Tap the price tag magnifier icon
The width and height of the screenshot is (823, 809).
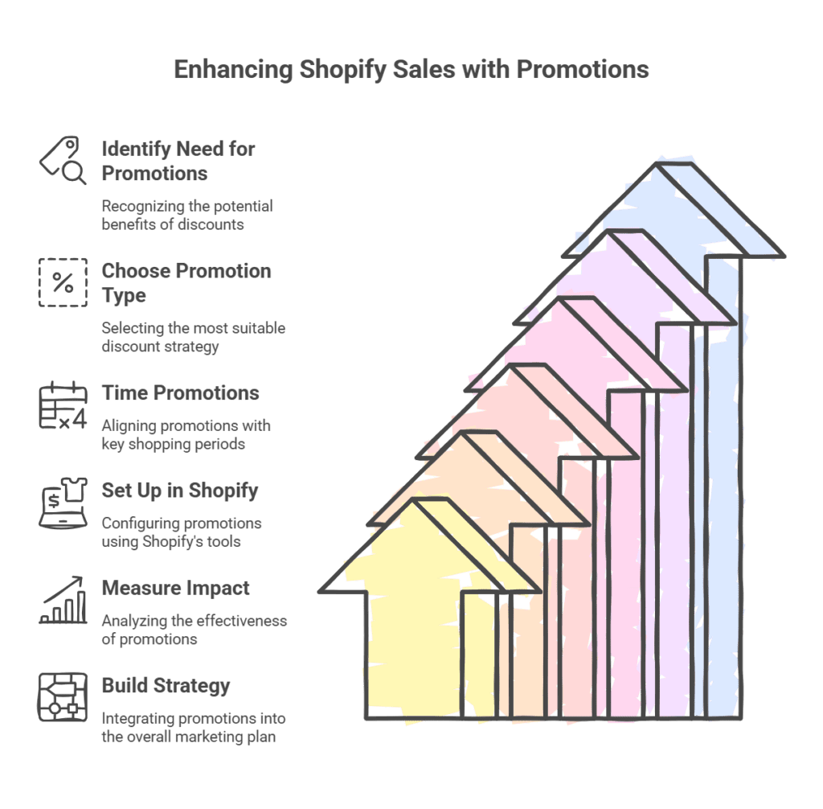coord(63,160)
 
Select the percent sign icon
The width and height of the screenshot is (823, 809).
coord(63,282)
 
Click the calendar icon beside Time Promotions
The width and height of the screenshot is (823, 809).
coord(63,404)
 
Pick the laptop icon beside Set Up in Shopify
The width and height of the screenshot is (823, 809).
coord(63,502)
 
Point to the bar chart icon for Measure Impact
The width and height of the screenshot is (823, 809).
coord(63,600)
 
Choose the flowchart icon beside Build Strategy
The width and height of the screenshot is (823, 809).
coord(63,697)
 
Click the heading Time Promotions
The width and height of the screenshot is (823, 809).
coord(180,393)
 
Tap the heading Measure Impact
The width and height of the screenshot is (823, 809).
coord(175,588)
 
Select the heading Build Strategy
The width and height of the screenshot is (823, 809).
coord(166,686)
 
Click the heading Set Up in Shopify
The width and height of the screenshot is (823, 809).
coord(179,491)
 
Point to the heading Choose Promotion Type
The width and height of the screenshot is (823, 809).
coord(186,283)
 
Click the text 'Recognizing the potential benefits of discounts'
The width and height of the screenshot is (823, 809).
coord(186,215)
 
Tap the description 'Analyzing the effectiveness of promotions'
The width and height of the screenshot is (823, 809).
coord(194,630)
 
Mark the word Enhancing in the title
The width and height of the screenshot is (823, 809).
coord(232,69)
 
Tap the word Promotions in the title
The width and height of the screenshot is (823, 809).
coord(582,69)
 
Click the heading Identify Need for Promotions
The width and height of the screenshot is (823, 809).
coord(178,161)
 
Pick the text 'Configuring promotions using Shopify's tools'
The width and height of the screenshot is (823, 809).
coord(181,532)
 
